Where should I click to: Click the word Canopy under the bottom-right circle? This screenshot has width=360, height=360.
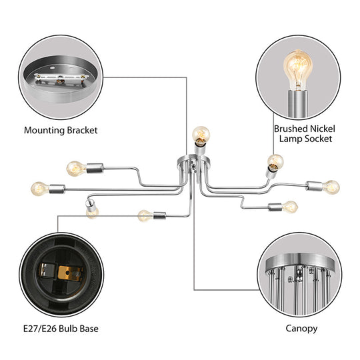(x=300, y=328)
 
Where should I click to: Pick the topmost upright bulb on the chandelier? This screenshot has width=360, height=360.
(x=198, y=134)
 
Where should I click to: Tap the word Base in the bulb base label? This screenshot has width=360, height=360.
(x=91, y=328)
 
